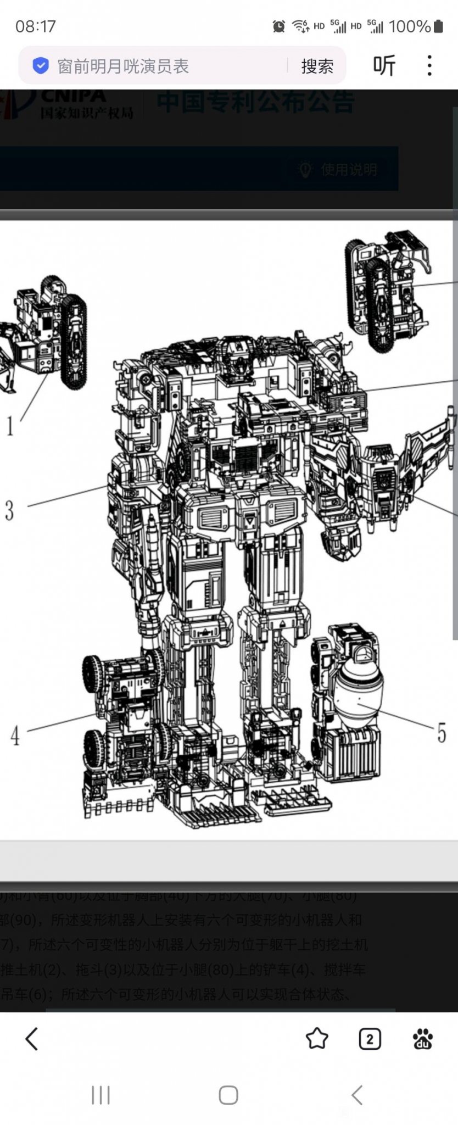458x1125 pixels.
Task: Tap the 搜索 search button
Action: tap(317, 66)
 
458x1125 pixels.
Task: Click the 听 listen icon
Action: tap(384, 66)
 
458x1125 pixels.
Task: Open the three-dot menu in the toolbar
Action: tap(429, 65)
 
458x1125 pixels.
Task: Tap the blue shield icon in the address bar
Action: tap(41, 66)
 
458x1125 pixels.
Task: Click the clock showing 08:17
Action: tap(36, 26)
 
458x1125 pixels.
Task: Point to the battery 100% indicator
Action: tap(416, 26)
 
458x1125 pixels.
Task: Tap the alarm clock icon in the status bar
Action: tap(279, 26)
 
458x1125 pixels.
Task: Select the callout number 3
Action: tap(9, 510)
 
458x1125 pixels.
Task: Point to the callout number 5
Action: tap(442, 733)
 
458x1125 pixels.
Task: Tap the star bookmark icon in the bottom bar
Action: tap(317, 1039)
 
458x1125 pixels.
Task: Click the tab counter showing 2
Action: tap(370, 1039)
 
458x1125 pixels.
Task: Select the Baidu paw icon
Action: tap(423, 1039)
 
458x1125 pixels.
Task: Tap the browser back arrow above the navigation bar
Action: tap(31, 1039)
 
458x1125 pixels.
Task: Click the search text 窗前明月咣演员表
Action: tap(124, 66)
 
